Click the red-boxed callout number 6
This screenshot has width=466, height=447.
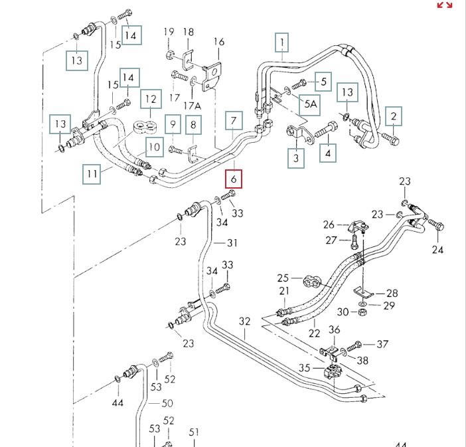point(234,179)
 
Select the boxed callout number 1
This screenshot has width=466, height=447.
point(283,43)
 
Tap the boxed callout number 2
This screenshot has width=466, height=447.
point(394,116)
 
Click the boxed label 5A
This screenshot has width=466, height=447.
point(311,103)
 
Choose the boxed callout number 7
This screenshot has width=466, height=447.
point(234,122)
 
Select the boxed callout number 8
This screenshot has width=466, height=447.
point(194,124)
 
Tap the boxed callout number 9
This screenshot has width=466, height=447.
point(173,124)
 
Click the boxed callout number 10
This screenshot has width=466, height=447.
point(153,146)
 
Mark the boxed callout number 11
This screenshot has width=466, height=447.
point(92,174)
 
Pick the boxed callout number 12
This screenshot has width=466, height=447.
point(151,100)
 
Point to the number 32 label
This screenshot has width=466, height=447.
point(245,321)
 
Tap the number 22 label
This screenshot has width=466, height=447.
point(314,333)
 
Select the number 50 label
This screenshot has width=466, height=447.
point(167,403)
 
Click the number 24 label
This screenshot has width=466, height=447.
point(437,250)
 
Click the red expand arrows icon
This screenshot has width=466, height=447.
point(444,5)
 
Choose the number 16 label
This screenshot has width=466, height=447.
point(219,42)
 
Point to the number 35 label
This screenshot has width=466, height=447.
point(304,367)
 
